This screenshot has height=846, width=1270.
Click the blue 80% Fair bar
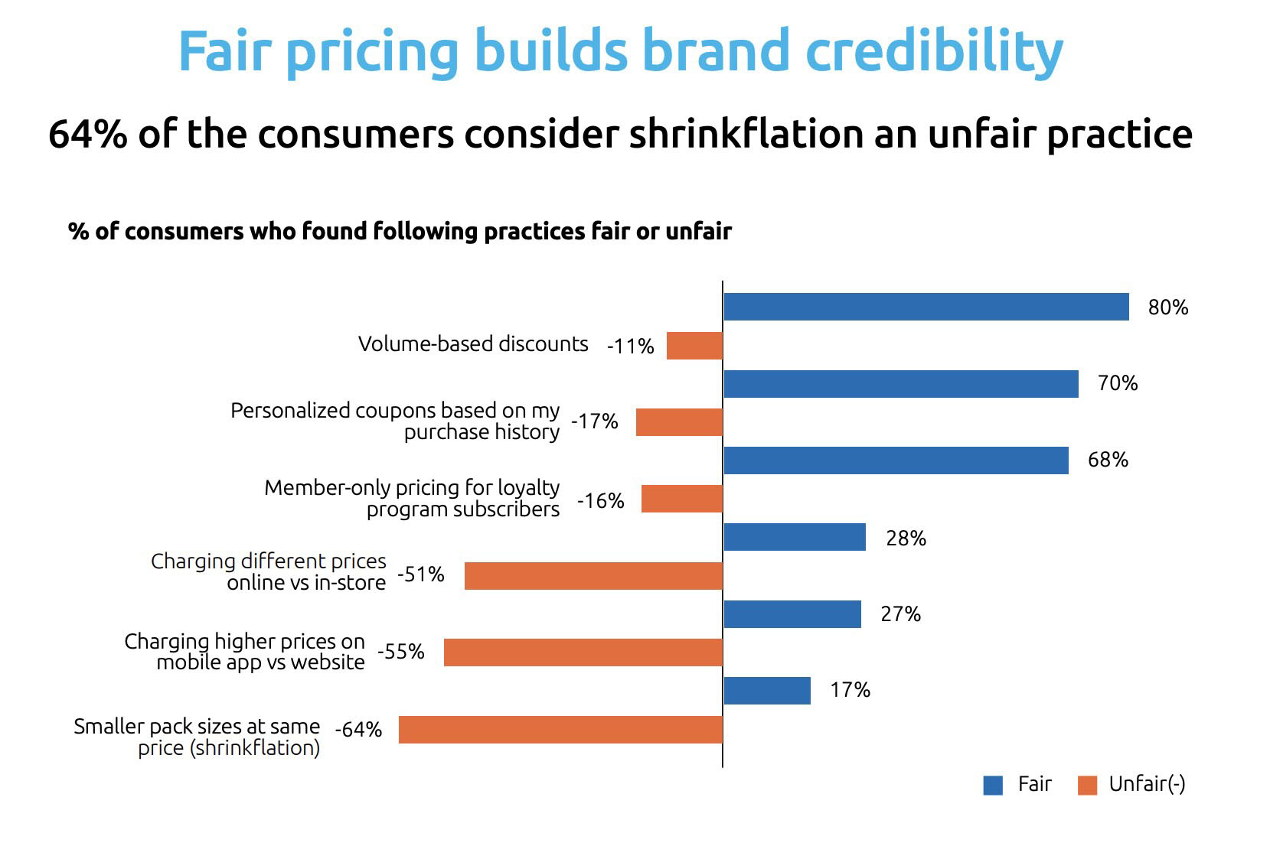pyautogui.click(x=926, y=307)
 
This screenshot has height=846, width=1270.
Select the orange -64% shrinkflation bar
pyautogui.click(x=560, y=730)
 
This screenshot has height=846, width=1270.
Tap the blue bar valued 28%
pyautogui.click(x=795, y=537)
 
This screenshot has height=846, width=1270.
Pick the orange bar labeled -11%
pyautogui.click(x=694, y=346)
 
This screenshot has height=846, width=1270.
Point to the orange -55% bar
pyautogui.click(x=583, y=652)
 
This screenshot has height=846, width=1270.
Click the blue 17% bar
pyautogui.click(x=767, y=691)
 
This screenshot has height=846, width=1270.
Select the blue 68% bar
pyautogui.click(x=896, y=460)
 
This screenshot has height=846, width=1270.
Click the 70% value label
pyautogui.click(x=1117, y=383)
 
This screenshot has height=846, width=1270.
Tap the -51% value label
pyautogui.click(x=421, y=574)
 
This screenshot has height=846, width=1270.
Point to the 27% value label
pyautogui.click(x=900, y=614)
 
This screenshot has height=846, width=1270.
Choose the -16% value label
pyautogui.click(x=601, y=501)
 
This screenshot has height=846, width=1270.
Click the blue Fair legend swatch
pyautogui.click(x=993, y=786)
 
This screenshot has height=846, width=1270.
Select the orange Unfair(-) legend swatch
pyautogui.click(x=1087, y=786)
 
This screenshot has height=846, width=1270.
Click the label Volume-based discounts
pyautogui.click(x=473, y=344)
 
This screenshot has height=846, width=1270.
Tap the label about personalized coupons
pyautogui.click(x=395, y=421)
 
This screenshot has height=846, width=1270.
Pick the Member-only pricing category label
pyautogui.click(x=412, y=498)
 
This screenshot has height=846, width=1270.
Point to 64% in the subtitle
pyautogui.click(x=88, y=135)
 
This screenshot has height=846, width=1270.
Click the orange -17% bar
pyautogui.click(x=679, y=422)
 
